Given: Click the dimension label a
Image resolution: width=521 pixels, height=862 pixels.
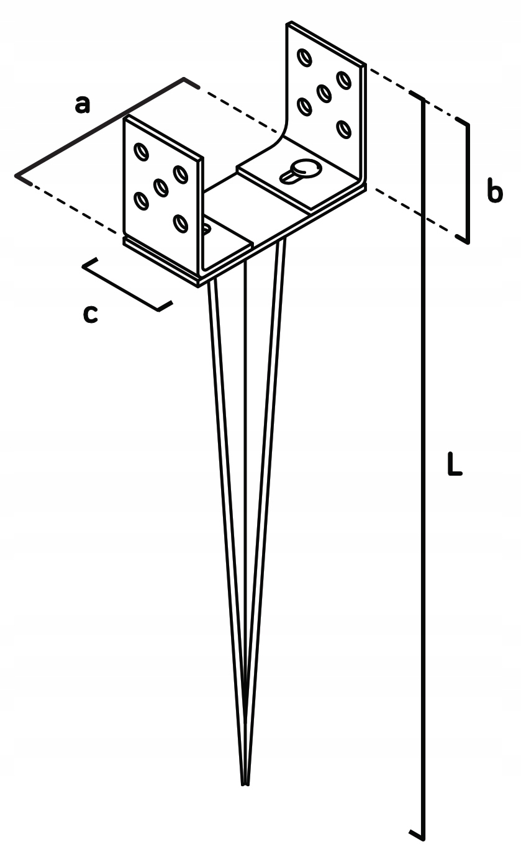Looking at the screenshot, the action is (82, 104).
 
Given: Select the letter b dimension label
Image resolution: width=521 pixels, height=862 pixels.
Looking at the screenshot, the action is (494, 192).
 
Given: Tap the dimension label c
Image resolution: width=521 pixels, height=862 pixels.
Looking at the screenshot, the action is (90, 314).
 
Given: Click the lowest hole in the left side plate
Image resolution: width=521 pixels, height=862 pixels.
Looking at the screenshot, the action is (180, 222).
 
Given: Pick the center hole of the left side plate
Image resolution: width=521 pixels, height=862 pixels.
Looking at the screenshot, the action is (161, 186).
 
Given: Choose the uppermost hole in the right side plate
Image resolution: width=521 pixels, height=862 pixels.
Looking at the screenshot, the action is (304, 58).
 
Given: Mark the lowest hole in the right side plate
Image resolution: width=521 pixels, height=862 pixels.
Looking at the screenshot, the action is (343, 129).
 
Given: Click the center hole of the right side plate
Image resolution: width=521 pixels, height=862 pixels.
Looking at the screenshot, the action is (324, 93).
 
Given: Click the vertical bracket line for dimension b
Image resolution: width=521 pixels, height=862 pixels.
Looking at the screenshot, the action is (468, 180).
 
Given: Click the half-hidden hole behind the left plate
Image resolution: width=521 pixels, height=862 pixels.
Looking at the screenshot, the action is (207, 229).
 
